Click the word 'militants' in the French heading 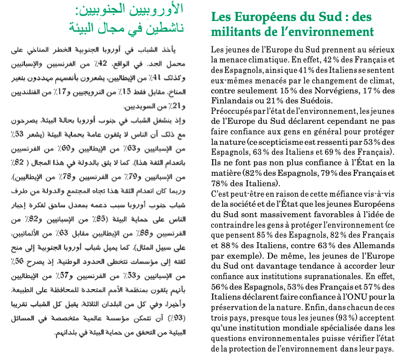click(235, 32)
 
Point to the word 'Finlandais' click(230, 101)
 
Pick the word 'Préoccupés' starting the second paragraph click(232, 110)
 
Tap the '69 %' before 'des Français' click(342, 152)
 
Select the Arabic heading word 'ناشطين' click(166, 28)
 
